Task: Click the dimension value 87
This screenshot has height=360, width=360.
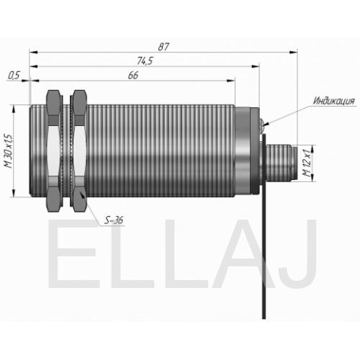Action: click(x=163, y=47)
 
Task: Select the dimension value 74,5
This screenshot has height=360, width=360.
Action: click(x=145, y=61)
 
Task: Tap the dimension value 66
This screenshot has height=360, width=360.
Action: click(x=133, y=76)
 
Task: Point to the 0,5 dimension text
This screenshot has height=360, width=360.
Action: click(x=14, y=76)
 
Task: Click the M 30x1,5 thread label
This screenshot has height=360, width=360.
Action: click(x=8, y=151)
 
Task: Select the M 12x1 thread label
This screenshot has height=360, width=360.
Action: click(x=307, y=163)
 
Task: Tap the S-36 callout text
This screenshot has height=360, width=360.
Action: click(x=114, y=220)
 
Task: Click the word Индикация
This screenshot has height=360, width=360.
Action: click(x=334, y=101)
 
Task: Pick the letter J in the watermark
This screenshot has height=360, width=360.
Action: click(x=300, y=253)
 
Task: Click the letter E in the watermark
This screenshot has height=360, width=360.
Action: click(x=72, y=253)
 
